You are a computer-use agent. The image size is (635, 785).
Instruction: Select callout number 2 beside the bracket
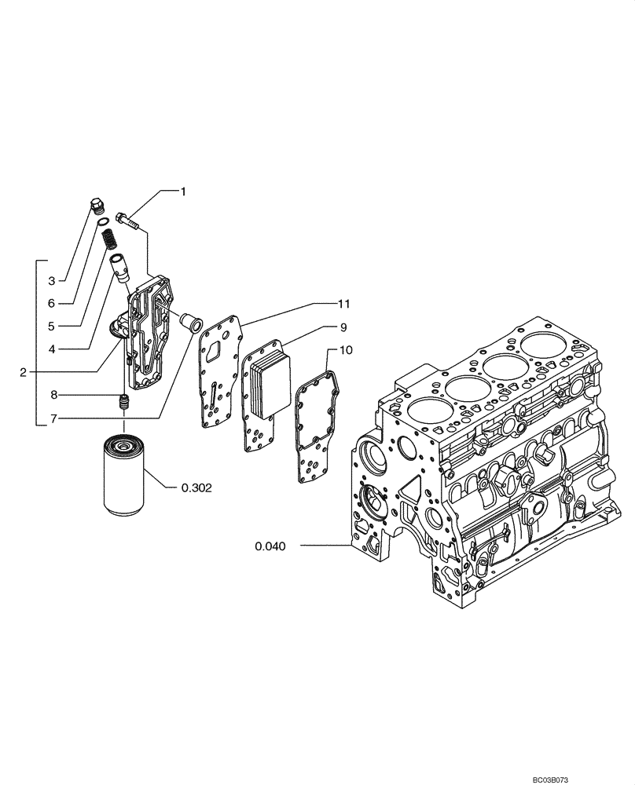pyautogui.click(x=24, y=371)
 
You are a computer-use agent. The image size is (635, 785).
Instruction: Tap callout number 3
pyautogui.click(x=51, y=280)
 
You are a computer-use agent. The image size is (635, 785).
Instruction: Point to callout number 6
pyautogui.click(x=51, y=302)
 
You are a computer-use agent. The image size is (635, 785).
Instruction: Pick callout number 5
pyautogui.click(x=51, y=325)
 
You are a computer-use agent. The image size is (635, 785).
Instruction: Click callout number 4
pyautogui.click(x=51, y=348)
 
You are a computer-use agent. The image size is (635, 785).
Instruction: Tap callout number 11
pyautogui.click(x=343, y=302)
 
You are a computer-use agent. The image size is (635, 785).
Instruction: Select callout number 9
pyautogui.click(x=343, y=325)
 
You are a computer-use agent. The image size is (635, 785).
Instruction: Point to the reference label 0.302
pyautogui.click(x=197, y=487)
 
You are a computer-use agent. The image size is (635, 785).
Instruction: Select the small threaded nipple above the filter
pyautogui.click(x=122, y=404)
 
